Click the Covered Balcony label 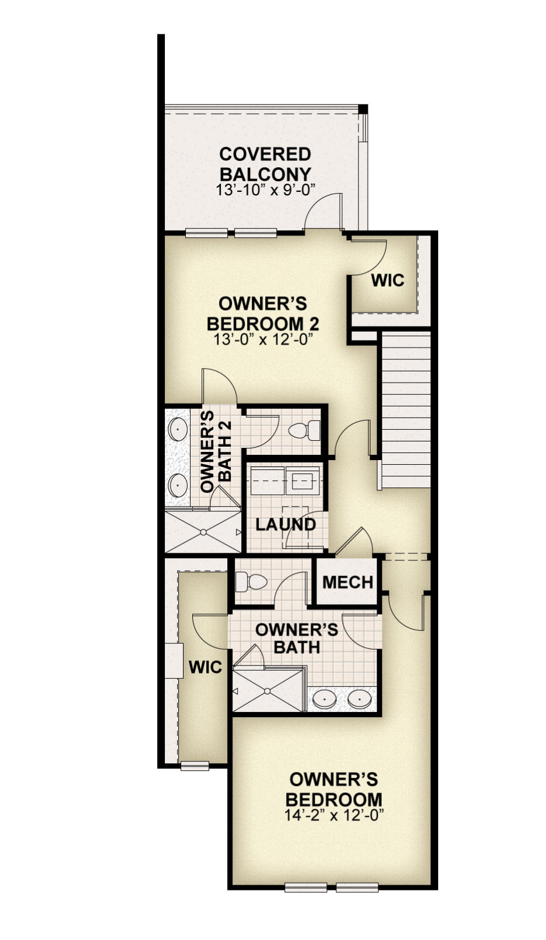pos(265,164)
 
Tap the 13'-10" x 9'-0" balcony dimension pos(265,190)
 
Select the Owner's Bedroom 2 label pos(263,314)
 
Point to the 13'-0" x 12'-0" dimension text pos(264,339)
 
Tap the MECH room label pos(348,582)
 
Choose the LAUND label pos(286,524)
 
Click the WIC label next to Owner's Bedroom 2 pos(388,280)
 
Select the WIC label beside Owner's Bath pos(205,667)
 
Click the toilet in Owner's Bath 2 pos(304,430)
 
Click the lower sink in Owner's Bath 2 pos(178,485)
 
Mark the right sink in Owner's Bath pos(360,700)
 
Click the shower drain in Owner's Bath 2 pos(203,532)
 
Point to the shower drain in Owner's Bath pos(267,690)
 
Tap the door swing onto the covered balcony pos(323,211)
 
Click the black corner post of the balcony pos(363,109)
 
